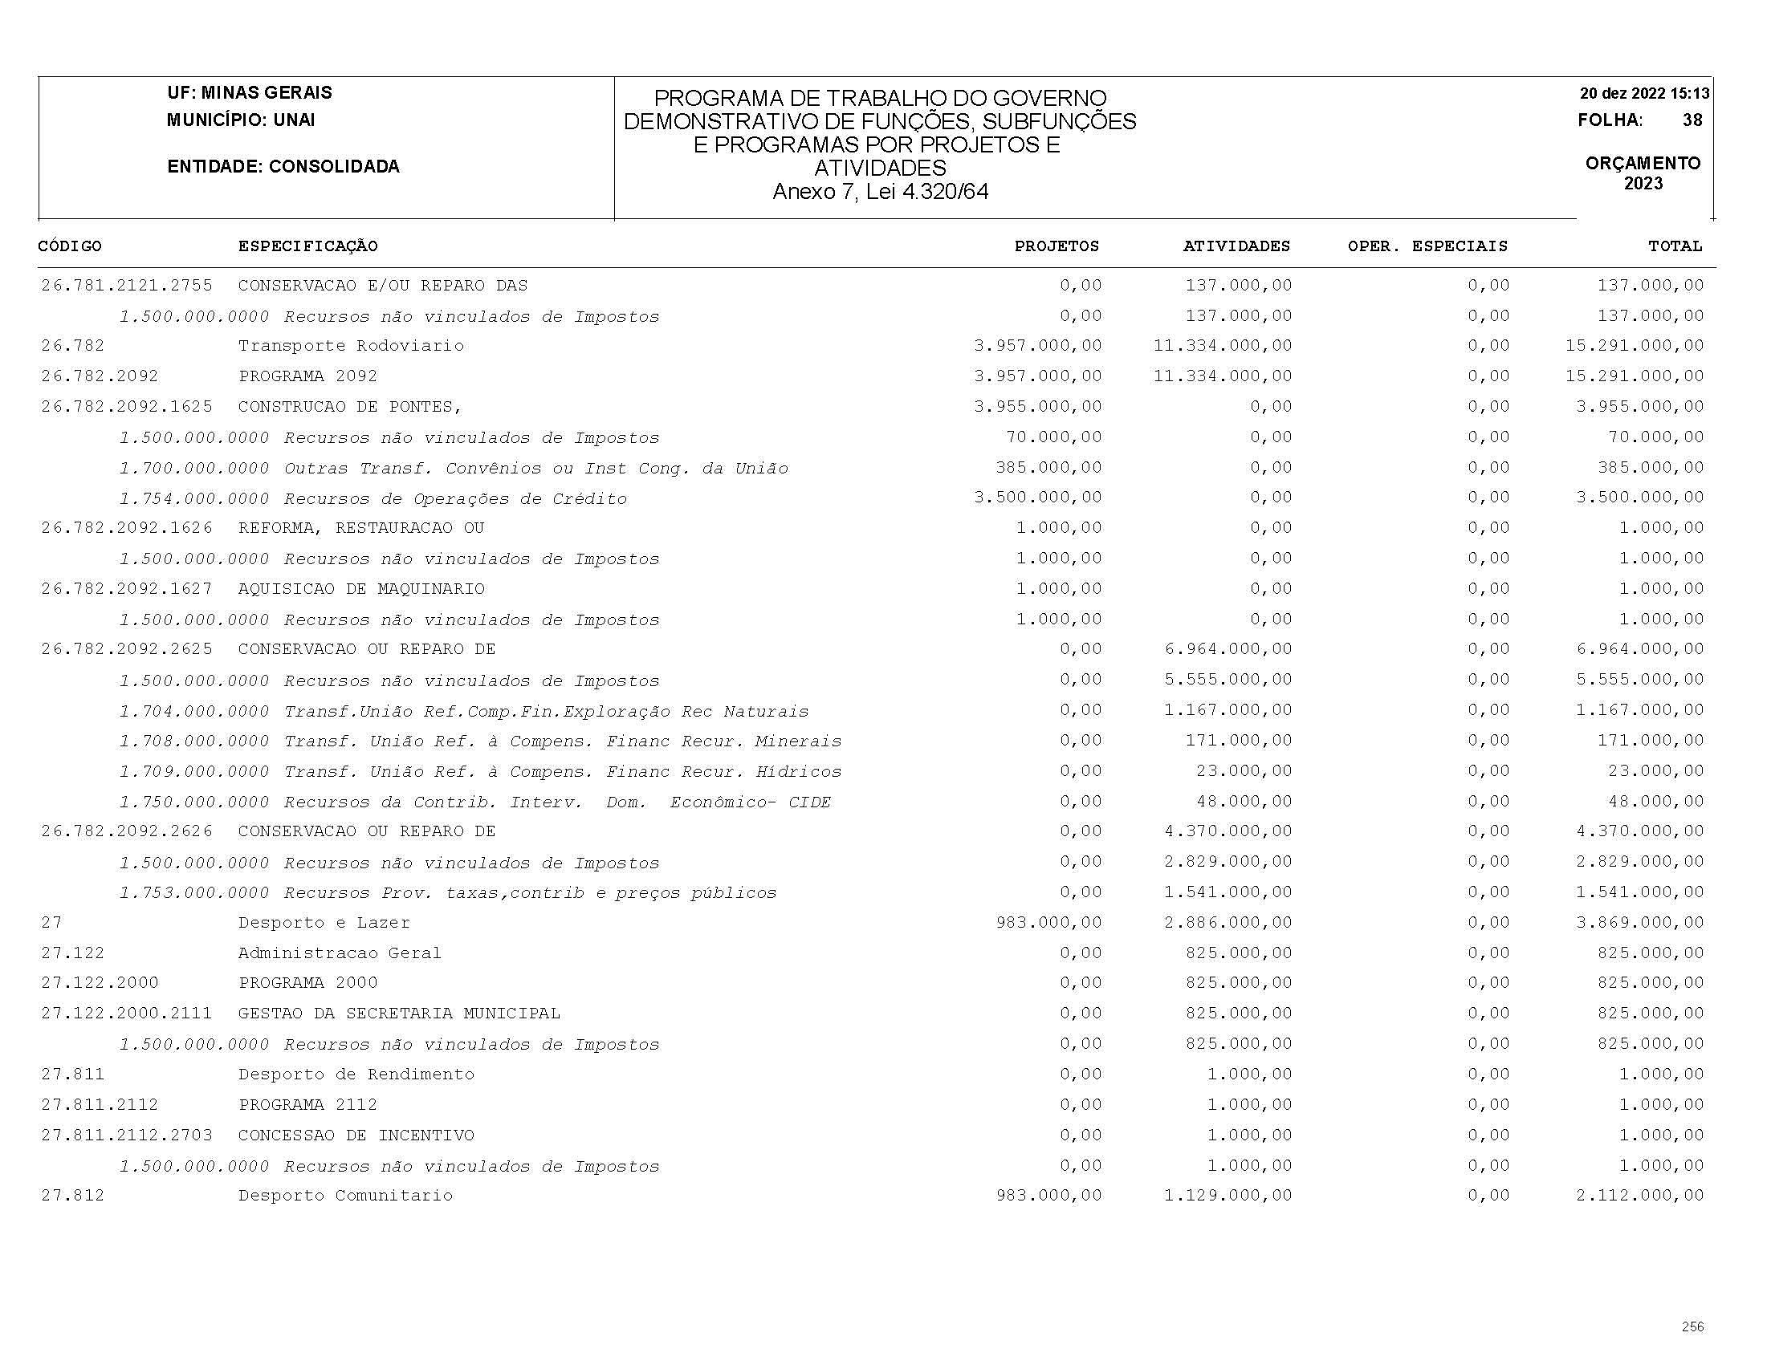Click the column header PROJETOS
[1057, 246]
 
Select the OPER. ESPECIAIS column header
[1427, 246]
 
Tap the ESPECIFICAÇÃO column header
[307, 246]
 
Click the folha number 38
[1692, 120]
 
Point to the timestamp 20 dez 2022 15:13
[1644, 93]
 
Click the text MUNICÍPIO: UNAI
[240, 120]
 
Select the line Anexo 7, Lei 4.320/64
[879, 192]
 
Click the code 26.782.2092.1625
[127, 407]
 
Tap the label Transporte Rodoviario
[351, 346]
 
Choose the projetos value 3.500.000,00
[1037, 498]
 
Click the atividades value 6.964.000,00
[1228, 649]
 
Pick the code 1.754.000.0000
[194, 499]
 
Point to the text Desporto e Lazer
[324, 923]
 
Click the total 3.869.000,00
[1639, 923]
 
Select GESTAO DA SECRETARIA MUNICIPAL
[399, 1014]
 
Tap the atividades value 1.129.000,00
[1228, 1195]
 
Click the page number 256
[1692, 1327]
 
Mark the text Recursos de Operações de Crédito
[454, 499]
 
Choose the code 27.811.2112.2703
[127, 1135]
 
